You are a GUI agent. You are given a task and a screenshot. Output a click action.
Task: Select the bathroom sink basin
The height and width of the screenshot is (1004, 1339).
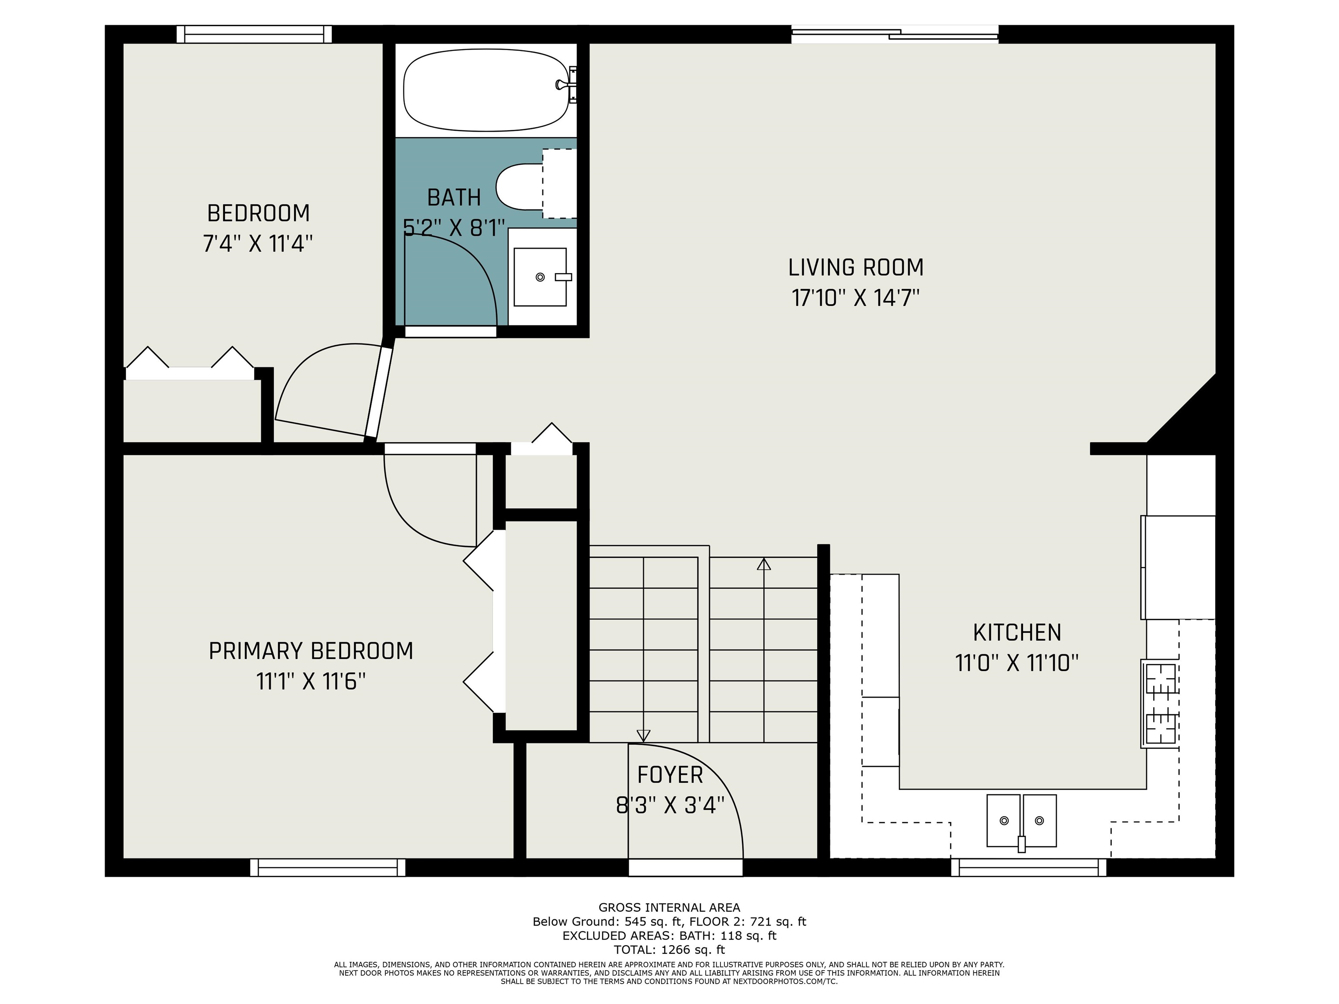[x=540, y=277]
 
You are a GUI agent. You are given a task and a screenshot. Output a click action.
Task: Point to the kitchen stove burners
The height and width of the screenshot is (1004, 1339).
[x=1160, y=704]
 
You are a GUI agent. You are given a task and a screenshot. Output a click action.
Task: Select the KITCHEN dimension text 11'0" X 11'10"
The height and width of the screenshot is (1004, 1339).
[x=1017, y=663]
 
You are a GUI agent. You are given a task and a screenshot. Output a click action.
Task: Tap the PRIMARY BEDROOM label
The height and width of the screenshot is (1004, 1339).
[x=311, y=651]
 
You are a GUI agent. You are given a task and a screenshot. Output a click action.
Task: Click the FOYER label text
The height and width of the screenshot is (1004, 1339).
[x=670, y=775]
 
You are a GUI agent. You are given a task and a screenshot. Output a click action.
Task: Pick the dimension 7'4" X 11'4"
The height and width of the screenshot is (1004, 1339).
[x=258, y=244]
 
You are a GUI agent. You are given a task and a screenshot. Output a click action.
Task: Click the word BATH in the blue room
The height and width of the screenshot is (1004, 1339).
[x=454, y=197]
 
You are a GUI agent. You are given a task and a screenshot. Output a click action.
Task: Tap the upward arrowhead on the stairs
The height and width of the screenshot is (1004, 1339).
[x=764, y=564]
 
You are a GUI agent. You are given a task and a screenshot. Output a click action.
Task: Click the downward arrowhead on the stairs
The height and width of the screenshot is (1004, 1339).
[x=643, y=735]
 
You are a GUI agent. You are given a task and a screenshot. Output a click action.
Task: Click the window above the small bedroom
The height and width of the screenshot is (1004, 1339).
[x=254, y=34]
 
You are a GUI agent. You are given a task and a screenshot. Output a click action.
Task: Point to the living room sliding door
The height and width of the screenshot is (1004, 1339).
[x=895, y=34]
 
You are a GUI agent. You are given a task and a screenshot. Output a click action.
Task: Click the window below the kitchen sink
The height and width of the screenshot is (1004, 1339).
[x=1029, y=867]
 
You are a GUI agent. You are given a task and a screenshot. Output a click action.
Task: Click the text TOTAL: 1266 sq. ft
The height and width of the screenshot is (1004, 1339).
[x=669, y=950]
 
